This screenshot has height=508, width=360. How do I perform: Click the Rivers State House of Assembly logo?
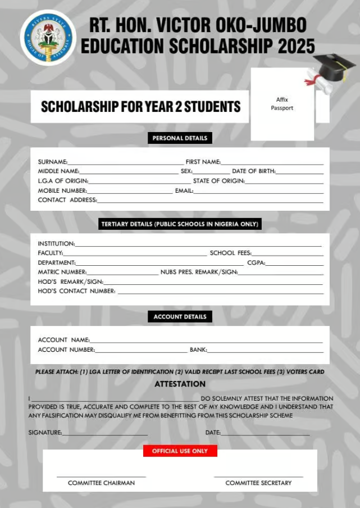point(48,38)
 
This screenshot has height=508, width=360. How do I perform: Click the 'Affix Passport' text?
point(282,103)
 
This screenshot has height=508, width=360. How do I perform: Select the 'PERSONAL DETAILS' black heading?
point(180,138)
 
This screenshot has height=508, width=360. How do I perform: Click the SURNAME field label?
point(52,162)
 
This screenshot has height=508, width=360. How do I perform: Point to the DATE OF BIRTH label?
point(253,171)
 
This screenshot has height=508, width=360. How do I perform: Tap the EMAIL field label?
point(184,190)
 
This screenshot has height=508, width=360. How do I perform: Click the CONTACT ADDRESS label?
point(67,199)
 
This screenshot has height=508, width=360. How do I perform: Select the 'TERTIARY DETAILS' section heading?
point(180,224)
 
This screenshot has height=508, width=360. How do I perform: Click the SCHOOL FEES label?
point(230,253)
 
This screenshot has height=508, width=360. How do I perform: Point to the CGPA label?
point(256,262)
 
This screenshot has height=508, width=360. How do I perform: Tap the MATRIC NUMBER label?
point(62,272)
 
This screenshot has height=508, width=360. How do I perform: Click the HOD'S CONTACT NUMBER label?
point(77,291)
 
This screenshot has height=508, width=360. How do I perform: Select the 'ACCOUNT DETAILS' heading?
point(180,317)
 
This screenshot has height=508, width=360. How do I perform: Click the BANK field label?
point(198,350)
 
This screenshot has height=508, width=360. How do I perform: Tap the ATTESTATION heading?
point(180,384)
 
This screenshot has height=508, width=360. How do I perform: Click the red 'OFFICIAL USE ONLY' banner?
point(180,451)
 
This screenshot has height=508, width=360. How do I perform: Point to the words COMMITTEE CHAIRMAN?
point(101,483)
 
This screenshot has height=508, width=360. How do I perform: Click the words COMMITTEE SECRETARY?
point(258,483)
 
